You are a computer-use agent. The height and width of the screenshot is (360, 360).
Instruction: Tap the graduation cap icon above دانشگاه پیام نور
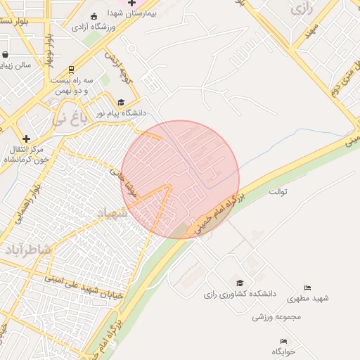tap(121, 102)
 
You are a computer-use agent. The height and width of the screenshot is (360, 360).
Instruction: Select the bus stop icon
tap(71, 70)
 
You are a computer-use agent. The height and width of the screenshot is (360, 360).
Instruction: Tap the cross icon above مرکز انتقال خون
tap(27, 138)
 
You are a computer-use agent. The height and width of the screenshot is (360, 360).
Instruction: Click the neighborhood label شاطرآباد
tap(28, 250)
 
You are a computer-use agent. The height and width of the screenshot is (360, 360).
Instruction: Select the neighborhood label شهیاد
tap(112, 214)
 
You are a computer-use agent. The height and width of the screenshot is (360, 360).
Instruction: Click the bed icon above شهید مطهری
tap(307, 288)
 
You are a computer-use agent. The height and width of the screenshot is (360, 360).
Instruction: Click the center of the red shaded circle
tap(181, 179)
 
